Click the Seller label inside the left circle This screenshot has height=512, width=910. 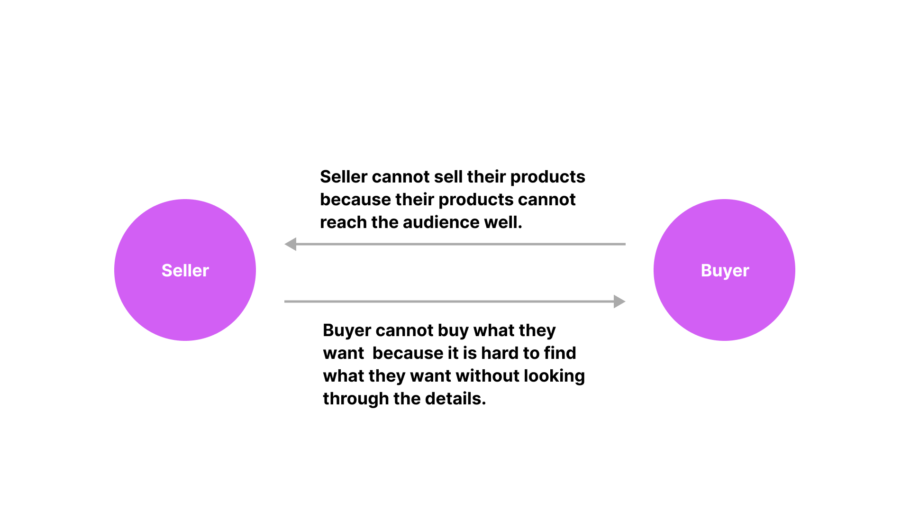pos(185,270)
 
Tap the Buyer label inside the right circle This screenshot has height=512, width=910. pos(725,271)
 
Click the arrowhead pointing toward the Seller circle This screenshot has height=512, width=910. pos(290,244)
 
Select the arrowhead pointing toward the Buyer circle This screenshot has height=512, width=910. pos(619,302)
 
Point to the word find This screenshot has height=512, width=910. pos(560,353)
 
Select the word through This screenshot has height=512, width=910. pos(356,399)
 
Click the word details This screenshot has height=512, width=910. pos(455,399)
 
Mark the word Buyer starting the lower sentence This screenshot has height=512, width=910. pos(347,331)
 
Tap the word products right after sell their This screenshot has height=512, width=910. pos(548,177)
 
